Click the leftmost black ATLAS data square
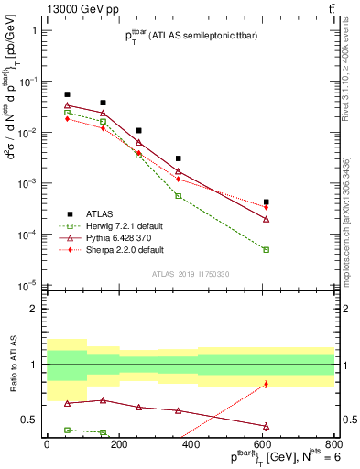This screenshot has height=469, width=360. point(67,94)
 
